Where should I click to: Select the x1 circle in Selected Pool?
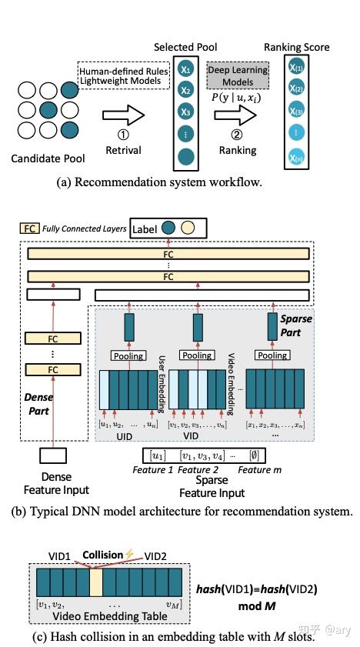185,69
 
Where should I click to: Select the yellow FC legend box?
28,228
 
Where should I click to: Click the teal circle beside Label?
168,228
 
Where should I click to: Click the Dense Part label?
34,403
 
